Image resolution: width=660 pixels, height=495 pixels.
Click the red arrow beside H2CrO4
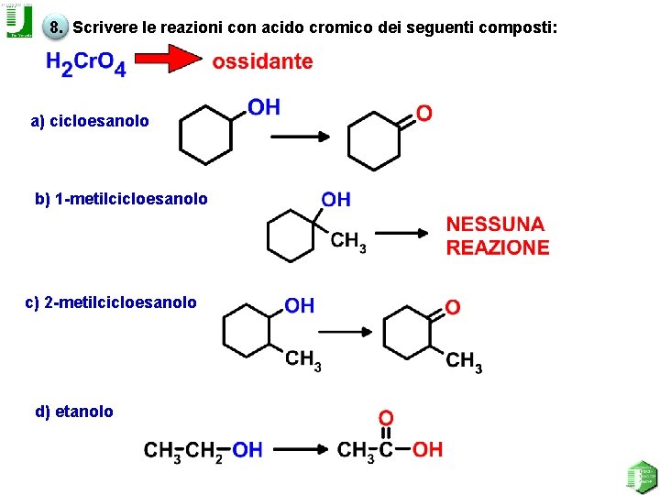point(170,61)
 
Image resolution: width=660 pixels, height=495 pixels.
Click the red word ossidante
point(262,62)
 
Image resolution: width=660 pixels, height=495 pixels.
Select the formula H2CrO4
point(85,64)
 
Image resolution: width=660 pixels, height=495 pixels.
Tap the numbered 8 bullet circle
point(56,27)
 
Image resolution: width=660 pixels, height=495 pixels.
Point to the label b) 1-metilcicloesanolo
point(121,199)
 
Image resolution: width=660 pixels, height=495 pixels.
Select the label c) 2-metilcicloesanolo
point(111,302)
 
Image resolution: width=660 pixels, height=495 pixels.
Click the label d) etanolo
point(74,412)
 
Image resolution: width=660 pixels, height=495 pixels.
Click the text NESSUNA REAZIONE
point(498,236)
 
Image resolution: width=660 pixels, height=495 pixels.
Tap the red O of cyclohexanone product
point(423,113)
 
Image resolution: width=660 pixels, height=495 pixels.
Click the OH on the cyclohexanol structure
point(264,108)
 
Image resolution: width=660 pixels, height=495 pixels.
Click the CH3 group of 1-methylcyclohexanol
point(348,242)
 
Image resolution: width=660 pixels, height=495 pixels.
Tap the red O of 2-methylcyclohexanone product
point(453,306)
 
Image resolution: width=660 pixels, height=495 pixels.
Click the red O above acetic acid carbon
point(386,418)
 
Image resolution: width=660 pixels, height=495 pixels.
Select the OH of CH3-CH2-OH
point(247,449)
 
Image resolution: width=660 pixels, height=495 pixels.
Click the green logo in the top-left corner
point(18,20)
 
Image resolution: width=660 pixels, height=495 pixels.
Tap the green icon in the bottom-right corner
point(641,476)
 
